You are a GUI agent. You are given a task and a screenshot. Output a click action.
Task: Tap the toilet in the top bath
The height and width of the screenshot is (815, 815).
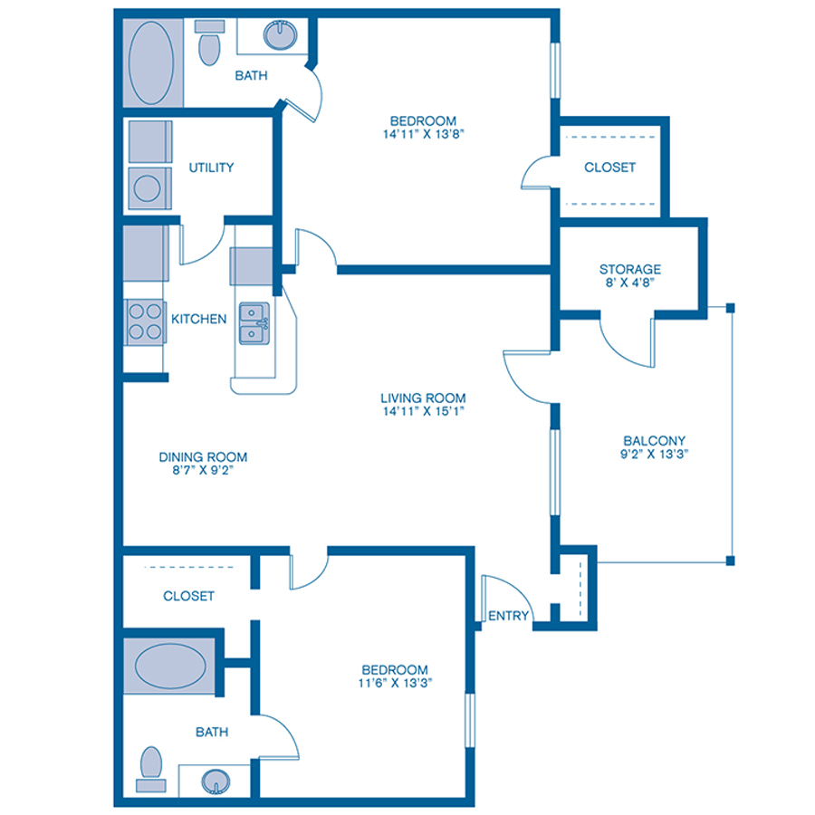coord(209,44)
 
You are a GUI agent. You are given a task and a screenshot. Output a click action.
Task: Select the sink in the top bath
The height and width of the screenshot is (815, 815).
coord(280,37)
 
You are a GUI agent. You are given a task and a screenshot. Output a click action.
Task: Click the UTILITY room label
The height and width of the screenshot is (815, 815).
coord(211,168)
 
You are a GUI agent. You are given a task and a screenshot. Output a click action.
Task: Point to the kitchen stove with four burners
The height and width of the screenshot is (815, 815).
coord(145,321)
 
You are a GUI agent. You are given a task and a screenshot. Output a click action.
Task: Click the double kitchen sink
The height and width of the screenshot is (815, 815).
coord(254,323)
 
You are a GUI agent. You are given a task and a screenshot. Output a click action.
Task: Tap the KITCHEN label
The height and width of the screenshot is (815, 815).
coord(199,319)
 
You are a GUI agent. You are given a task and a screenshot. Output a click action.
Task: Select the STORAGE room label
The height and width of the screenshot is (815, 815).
coord(629,269)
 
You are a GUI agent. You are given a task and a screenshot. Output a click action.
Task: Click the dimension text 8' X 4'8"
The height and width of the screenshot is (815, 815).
coord(629,283)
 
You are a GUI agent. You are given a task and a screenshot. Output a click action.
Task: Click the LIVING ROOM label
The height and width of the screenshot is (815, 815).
coord(423,398)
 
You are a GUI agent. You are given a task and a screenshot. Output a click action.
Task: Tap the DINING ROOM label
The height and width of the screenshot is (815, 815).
coord(203,457)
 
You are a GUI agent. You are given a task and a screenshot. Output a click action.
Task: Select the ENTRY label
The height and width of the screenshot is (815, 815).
coord(508,616)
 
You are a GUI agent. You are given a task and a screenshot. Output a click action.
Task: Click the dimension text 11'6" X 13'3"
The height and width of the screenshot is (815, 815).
coord(392,684)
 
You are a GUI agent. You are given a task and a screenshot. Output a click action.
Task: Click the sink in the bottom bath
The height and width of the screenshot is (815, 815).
coord(216,780)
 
